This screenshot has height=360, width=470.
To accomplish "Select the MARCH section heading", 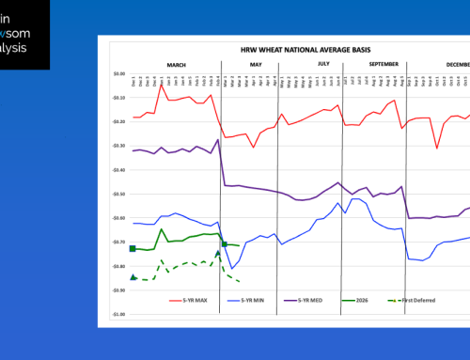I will (x=176, y=64).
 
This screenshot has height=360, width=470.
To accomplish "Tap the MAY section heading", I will (x=256, y=64).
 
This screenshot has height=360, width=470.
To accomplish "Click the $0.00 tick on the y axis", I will (x=117, y=73).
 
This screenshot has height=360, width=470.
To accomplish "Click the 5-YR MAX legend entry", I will (x=191, y=301).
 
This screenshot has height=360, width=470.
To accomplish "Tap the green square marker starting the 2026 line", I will (x=133, y=248).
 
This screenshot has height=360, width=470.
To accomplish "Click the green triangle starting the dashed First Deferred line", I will (x=133, y=277).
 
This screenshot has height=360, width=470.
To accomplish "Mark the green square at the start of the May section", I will (x=224, y=244).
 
